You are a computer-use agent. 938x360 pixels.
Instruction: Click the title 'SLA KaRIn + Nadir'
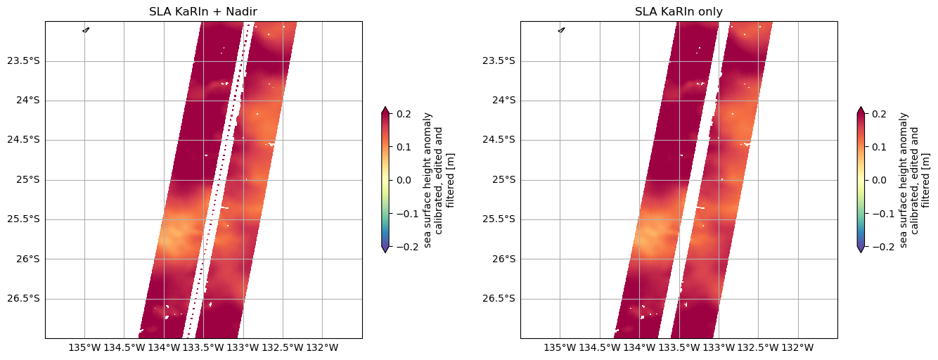point(204,11)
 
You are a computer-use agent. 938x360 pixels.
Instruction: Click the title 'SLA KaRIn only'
point(679,11)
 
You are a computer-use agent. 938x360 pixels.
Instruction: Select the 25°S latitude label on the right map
point(505,179)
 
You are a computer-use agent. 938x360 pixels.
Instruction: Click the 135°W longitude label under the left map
point(84,347)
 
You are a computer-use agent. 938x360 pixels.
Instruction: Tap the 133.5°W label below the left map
point(203,347)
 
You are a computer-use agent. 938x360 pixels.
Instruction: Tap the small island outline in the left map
point(86,30)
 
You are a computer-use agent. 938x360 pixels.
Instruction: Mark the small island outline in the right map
point(561,30)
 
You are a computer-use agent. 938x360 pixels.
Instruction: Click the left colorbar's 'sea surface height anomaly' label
point(428,179)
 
